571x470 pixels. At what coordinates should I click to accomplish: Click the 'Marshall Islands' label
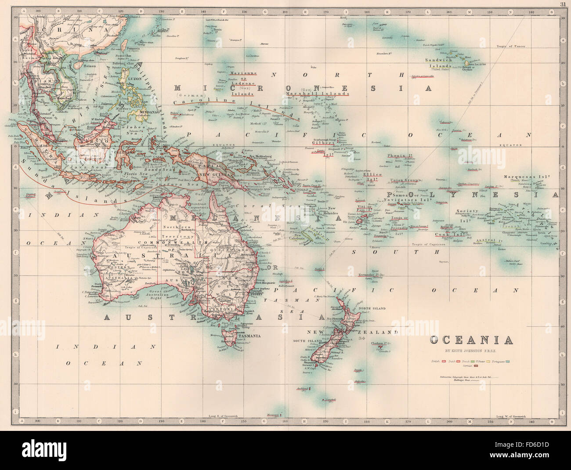317,93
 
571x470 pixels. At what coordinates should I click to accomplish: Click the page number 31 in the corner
563,4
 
